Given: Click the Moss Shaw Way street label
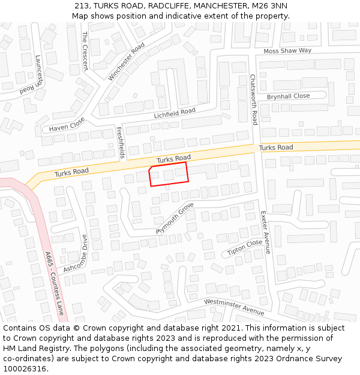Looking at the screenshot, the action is pyautogui.click(x=287, y=51).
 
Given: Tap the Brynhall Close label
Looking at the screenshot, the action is pyautogui.click(x=288, y=96).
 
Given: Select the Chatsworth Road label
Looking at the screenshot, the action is pyautogui.click(x=254, y=100).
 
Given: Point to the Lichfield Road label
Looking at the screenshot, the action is pyautogui.click(x=175, y=112).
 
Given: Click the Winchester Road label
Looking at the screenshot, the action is pyautogui.click(x=127, y=62).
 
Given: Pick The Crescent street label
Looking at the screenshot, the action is pyautogui.click(x=85, y=51).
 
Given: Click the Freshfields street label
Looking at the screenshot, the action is pyautogui.click(x=120, y=142).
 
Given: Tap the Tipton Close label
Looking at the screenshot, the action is pyautogui.click(x=245, y=247).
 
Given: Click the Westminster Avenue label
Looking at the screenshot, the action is pyautogui.click(x=234, y=307).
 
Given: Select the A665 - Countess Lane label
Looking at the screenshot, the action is pyautogui.click(x=54, y=283).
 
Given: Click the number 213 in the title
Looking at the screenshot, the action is pyautogui.click(x=82, y=6).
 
